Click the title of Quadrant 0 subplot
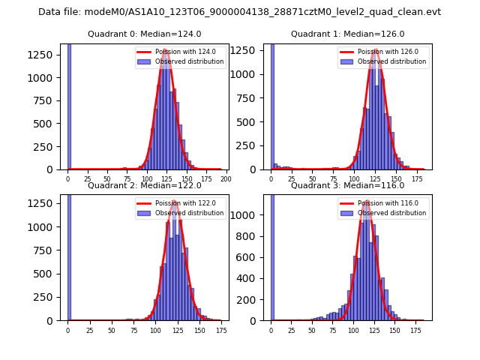144,34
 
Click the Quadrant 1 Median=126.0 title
347,34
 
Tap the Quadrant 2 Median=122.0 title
144,185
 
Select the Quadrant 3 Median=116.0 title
347,185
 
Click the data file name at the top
239,12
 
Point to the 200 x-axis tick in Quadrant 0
225,179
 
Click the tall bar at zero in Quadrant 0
68,105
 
